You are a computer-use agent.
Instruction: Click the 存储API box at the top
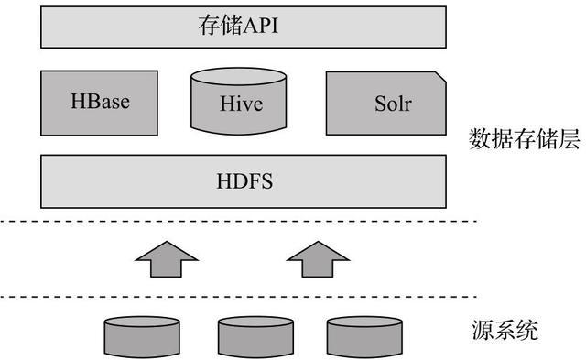(243, 27)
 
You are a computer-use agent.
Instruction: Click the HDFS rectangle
(243, 181)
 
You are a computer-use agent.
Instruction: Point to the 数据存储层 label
(524, 139)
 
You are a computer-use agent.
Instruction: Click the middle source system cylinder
(252, 336)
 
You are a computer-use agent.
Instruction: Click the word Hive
(242, 104)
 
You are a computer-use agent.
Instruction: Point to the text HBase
(100, 101)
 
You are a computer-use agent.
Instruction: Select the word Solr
(392, 103)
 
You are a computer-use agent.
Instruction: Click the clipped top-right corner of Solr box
(441, 78)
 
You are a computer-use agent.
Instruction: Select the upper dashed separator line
(238, 221)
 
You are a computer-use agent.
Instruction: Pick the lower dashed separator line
(238, 297)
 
